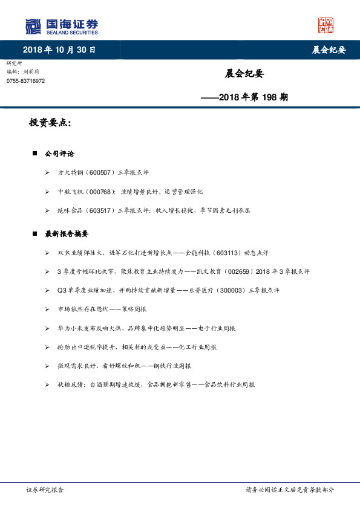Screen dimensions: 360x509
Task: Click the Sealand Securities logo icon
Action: coord(33,26)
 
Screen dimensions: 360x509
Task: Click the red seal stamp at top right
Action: coord(326,25)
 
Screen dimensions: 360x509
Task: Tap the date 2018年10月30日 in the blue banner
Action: coord(59,50)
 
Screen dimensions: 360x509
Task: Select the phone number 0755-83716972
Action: coord(25,80)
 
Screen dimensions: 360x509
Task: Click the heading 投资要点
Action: coord(50,123)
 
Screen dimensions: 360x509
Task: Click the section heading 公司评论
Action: coord(59,154)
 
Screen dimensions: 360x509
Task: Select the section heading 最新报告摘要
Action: coord(67,233)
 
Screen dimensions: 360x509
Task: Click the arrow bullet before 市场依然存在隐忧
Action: coord(48,309)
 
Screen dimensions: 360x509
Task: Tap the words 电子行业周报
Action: coord(221,328)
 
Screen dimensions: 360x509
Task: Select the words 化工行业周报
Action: coord(197,347)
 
